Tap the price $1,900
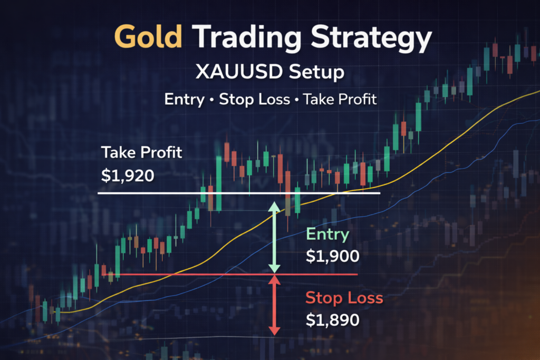coord(333,256)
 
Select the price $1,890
coord(333,319)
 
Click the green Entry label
coord(327,234)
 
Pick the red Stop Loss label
coord(344,298)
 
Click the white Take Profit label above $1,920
coord(142,153)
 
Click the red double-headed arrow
coord(274,306)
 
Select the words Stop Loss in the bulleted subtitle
coord(255,99)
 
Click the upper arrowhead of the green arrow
coord(274,206)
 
